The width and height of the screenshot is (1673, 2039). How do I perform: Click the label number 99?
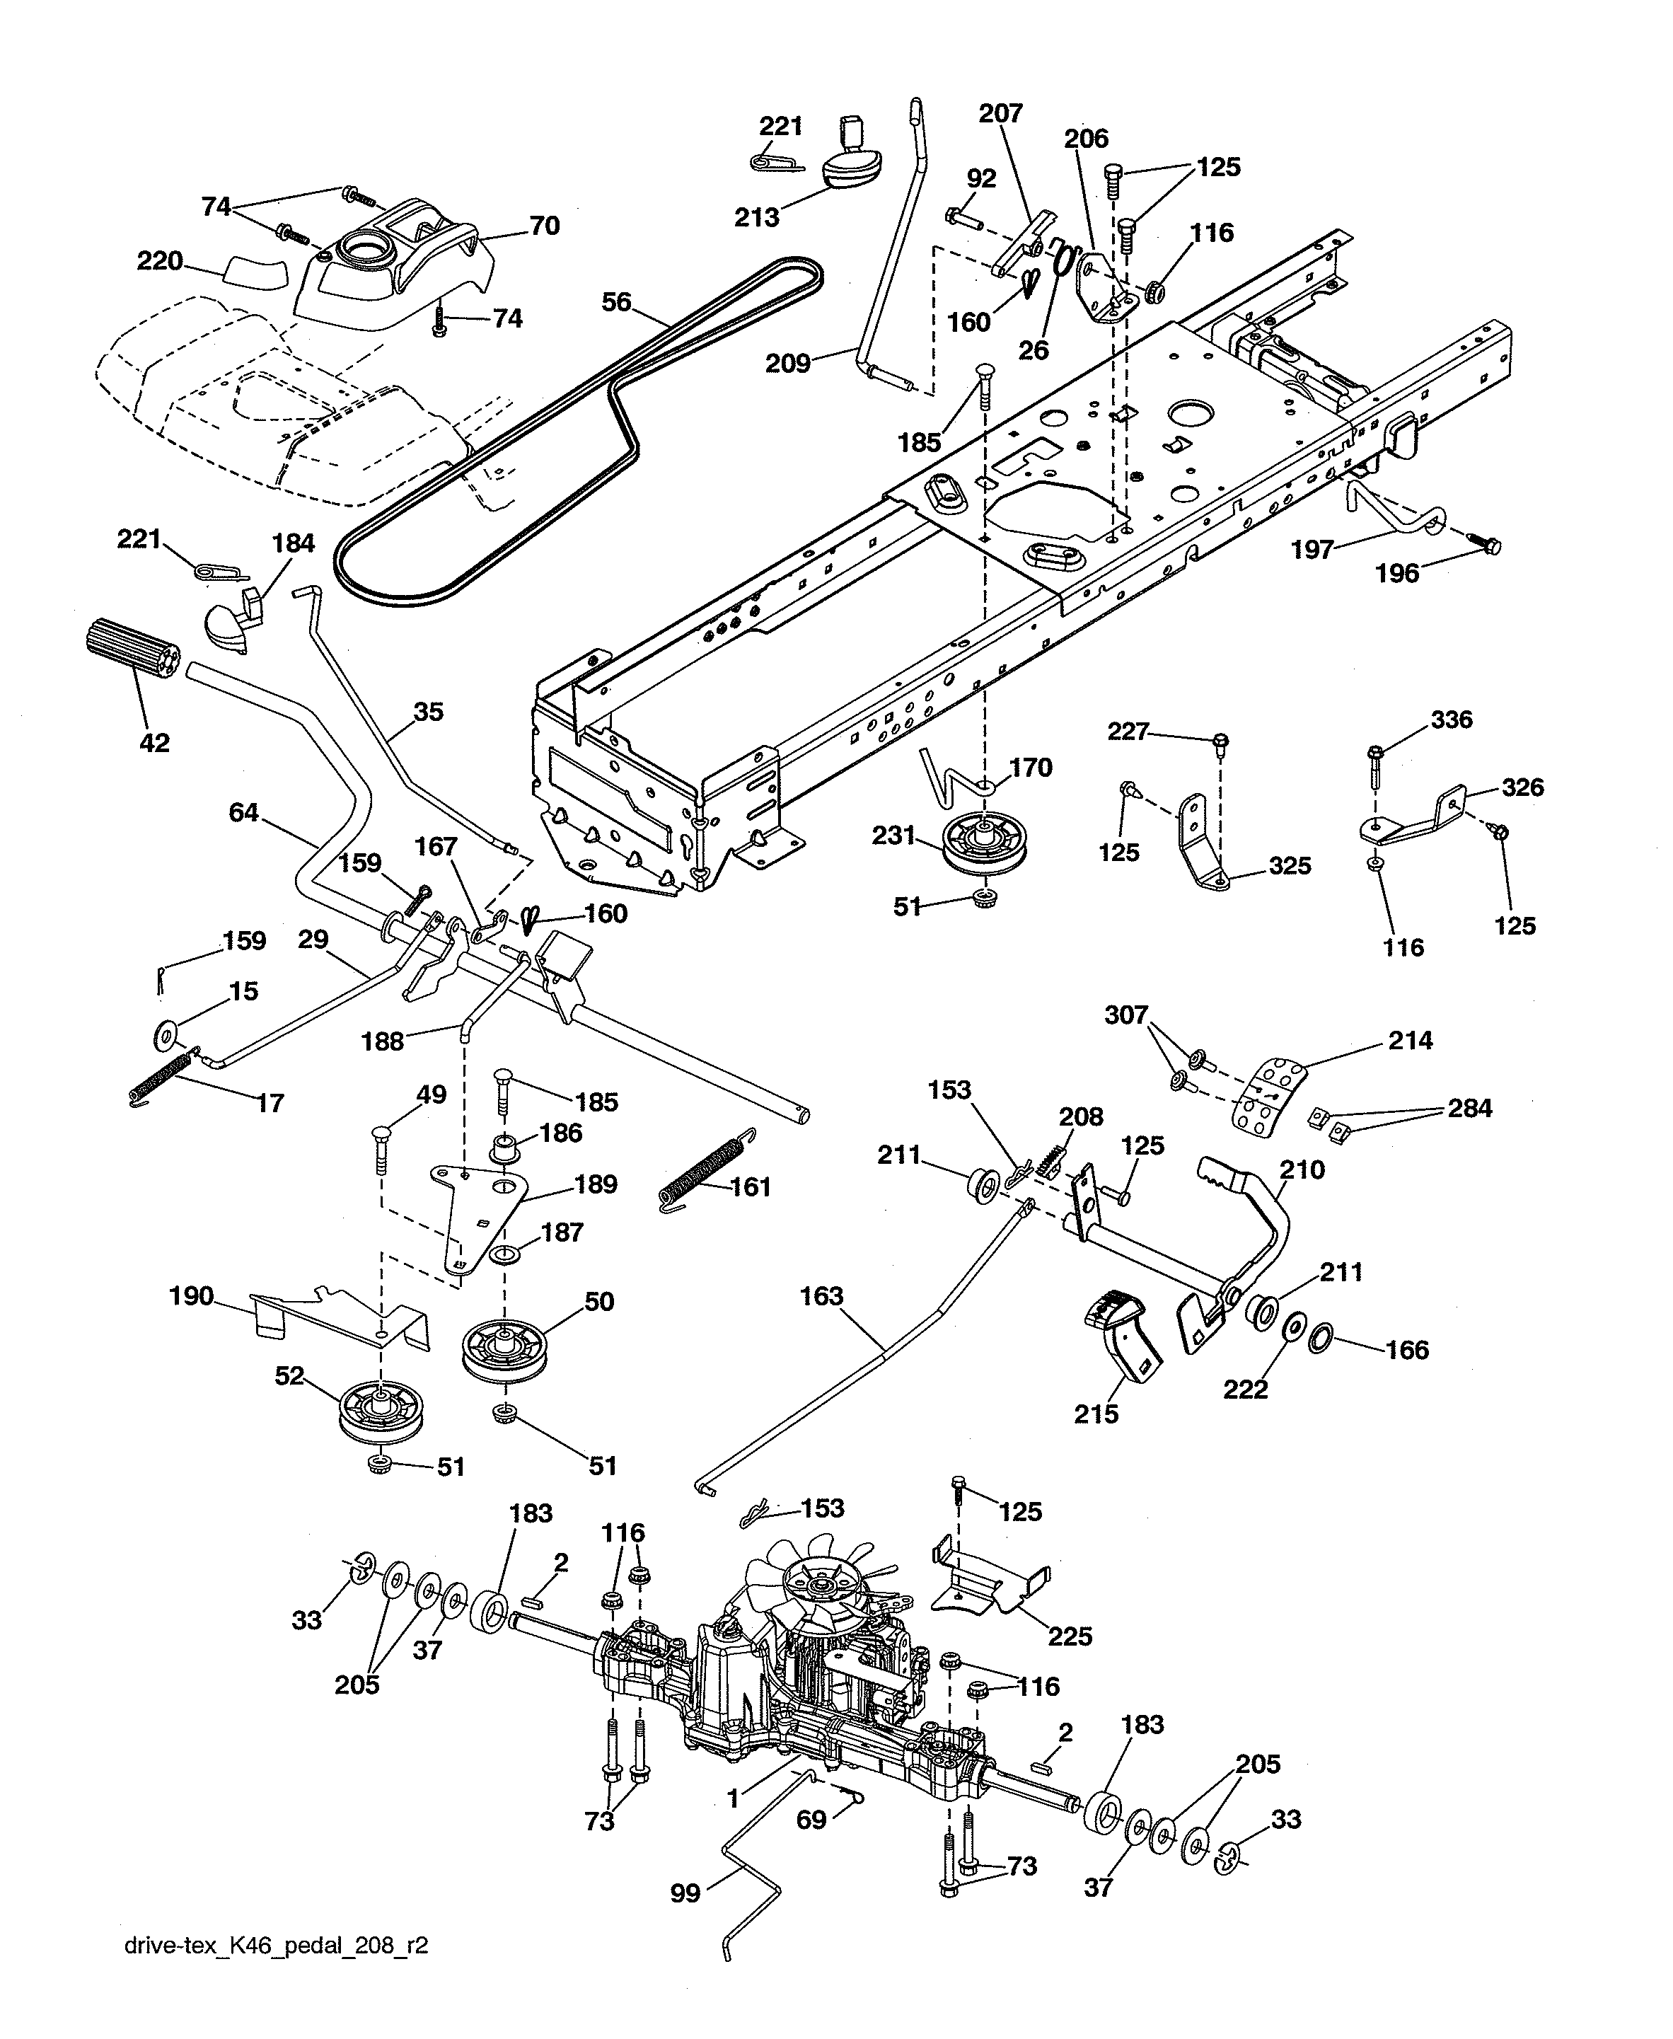[x=685, y=1893]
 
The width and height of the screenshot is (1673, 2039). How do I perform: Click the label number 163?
[x=821, y=1296]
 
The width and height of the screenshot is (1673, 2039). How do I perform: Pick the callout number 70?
[x=545, y=226]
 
